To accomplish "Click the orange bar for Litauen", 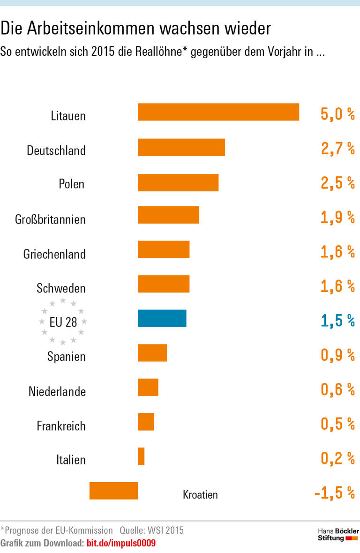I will [218, 112].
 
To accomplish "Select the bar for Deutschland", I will [181, 147].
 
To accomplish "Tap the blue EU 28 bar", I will [162, 318].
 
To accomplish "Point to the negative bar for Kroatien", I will [113, 491].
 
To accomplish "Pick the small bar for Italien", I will [141, 456].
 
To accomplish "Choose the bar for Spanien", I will [152, 353].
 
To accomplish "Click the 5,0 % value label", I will [337, 114].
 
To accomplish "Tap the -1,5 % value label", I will [334, 493].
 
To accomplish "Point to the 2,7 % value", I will [337, 149].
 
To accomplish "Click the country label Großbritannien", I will [50, 219].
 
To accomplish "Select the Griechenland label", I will [54, 254].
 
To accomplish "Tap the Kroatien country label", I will [200, 494].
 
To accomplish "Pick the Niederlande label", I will [57, 391].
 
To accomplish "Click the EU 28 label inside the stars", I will [63, 322].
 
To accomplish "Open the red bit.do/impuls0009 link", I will [121, 544].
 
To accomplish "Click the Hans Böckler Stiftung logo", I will [338, 534].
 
